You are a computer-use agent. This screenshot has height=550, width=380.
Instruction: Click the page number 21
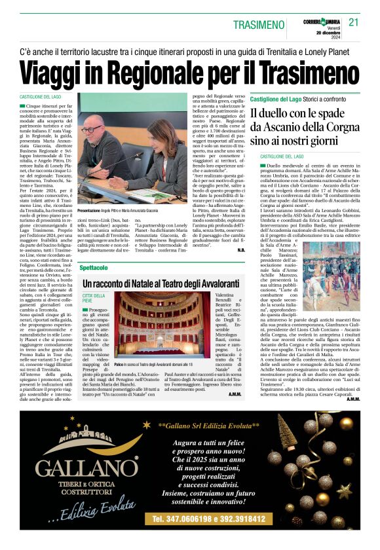coord(354,22)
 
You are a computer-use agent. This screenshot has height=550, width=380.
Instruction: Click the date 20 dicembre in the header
coord(329,32)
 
